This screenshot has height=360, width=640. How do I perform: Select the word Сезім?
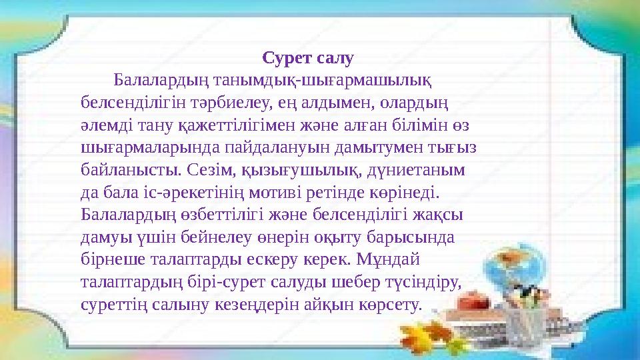pos(214,169)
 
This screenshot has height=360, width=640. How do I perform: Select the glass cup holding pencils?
pos(533,320)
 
